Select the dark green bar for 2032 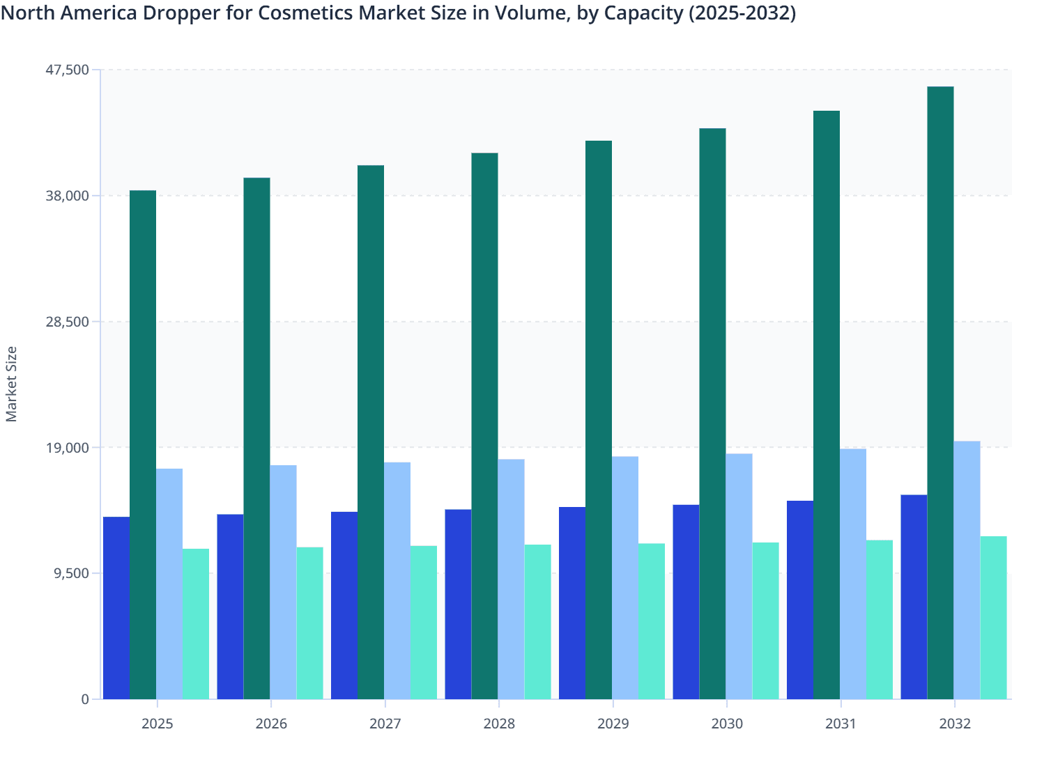(940, 393)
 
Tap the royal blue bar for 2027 (344, 605)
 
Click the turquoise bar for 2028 (537, 621)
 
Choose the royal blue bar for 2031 (800, 600)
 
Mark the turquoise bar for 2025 (196, 623)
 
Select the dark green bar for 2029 (599, 420)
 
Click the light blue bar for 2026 (283, 582)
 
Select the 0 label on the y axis (85, 699)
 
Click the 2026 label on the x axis (271, 724)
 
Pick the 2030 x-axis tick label (727, 724)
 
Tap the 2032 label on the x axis (955, 724)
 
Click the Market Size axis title (11, 384)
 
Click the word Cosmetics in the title (305, 13)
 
